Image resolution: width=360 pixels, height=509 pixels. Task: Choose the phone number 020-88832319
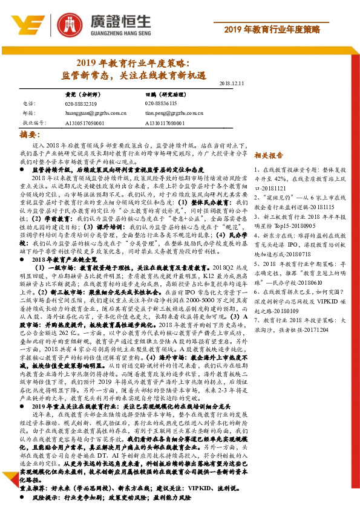80,104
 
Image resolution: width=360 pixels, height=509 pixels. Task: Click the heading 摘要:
31,134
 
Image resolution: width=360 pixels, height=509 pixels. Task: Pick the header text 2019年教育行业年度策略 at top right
289,30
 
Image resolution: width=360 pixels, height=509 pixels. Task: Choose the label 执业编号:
34,122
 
